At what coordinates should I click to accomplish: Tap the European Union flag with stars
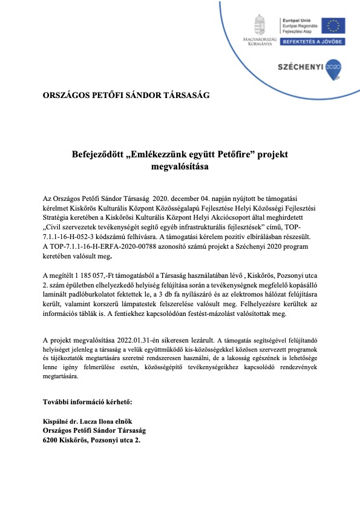tap(334, 25)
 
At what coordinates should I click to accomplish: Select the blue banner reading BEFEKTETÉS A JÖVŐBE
tap(313, 42)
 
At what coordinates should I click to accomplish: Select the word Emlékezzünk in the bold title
tap(164, 155)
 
